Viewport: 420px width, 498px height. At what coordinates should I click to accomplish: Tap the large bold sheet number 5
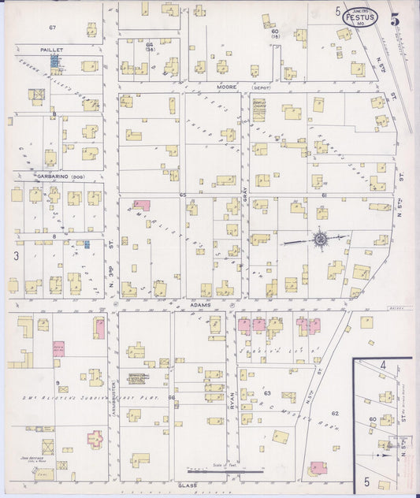(x=404, y=13)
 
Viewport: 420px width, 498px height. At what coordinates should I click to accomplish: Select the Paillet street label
(x=52, y=49)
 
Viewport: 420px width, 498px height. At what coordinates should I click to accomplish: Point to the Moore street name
(x=228, y=87)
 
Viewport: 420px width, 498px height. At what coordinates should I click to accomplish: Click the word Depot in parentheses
(x=261, y=87)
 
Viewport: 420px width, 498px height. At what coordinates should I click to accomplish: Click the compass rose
(x=321, y=238)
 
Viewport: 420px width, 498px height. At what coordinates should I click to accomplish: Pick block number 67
(x=53, y=28)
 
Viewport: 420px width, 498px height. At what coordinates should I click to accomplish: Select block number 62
(x=335, y=413)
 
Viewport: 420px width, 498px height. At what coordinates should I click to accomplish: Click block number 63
(x=267, y=392)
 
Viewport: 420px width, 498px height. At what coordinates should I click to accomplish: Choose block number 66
(x=171, y=399)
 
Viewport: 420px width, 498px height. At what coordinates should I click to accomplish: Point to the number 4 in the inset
(x=383, y=365)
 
